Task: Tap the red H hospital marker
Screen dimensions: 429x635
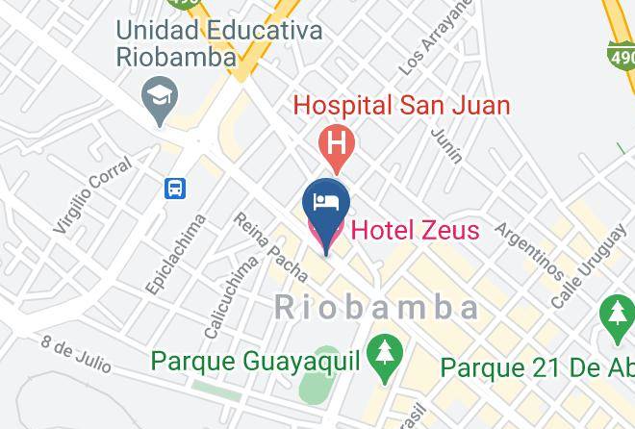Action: click(336, 145)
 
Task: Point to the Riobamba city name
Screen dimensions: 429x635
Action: click(376, 307)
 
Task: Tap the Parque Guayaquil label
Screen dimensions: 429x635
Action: click(255, 363)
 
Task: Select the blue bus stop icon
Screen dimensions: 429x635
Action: click(175, 188)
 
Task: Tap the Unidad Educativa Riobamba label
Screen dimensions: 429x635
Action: click(219, 43)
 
